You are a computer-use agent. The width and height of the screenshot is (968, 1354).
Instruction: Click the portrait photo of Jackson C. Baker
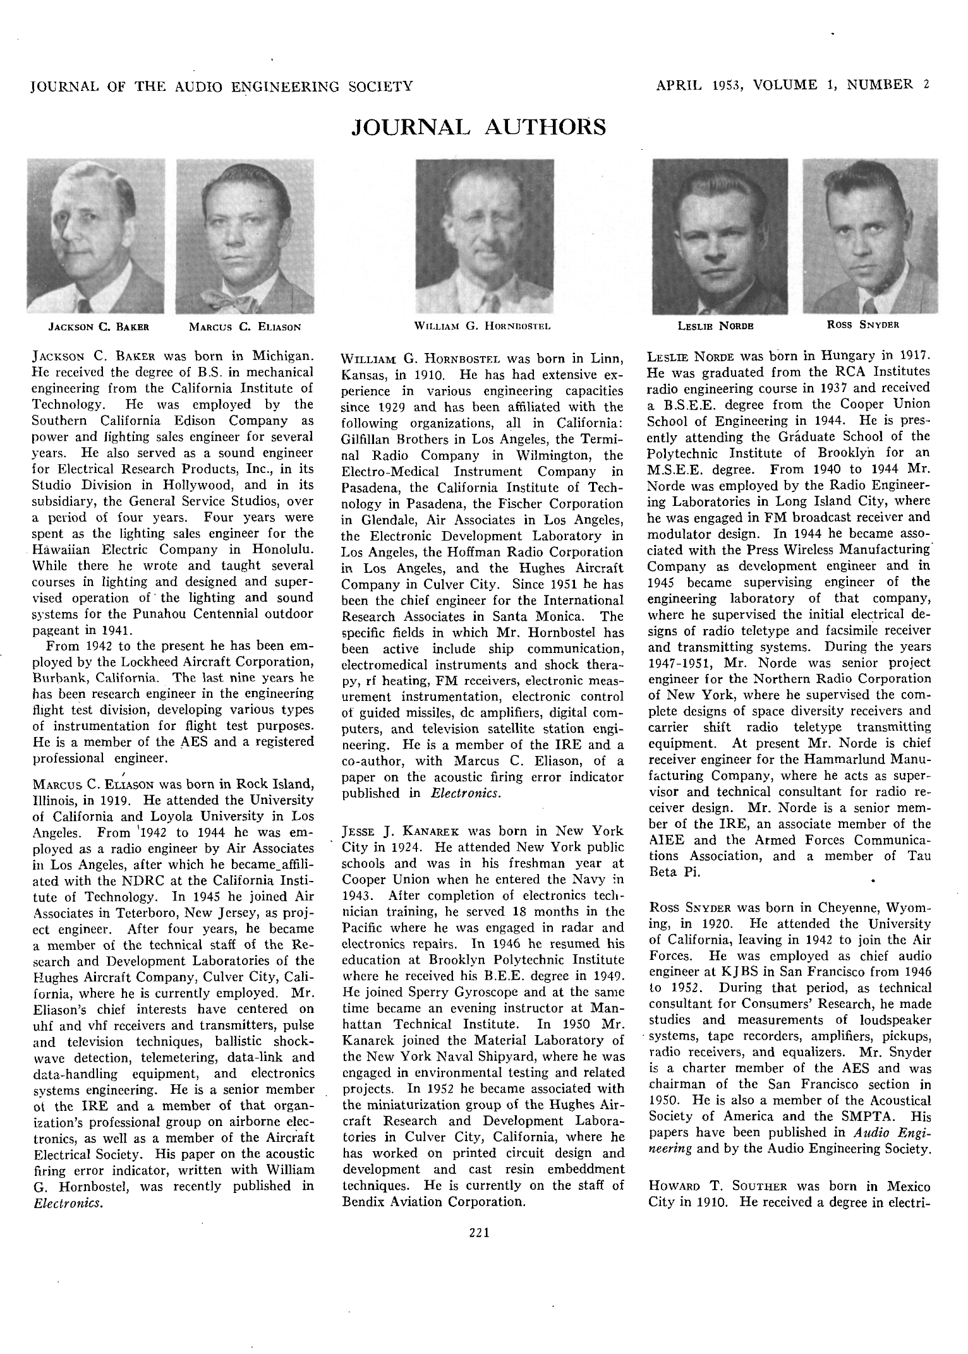pyautogui.click(x=96, y=236)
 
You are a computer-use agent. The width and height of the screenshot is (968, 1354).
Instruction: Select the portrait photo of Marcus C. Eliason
pyautogui.click(x=245, y=236)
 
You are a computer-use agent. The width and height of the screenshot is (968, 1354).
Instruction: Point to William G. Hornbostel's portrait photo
pyautogui.click(x=485, y=236)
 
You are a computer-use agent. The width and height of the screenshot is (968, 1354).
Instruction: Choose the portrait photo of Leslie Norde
pyautogui.click(x=720, y=236)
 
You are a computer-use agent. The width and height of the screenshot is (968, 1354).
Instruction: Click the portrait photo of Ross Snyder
pyautogui.click(x=869, y=236)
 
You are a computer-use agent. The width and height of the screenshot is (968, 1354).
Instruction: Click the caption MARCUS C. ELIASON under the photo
pyautogui.click(x=245, y=327)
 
